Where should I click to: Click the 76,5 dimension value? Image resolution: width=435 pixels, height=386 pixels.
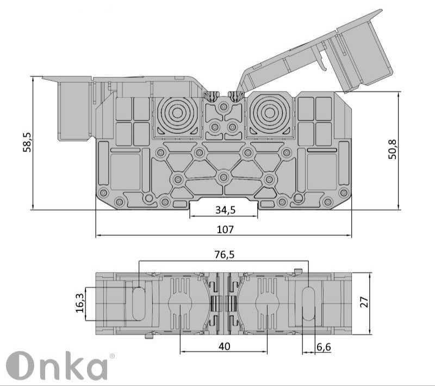[x=225, y=254]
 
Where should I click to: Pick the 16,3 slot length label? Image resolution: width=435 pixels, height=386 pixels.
[x=80, y=303]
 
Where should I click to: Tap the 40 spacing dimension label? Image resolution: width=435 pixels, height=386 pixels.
[x=223, y=345]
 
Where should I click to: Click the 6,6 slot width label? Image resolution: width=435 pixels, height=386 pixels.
[x=324, y=346]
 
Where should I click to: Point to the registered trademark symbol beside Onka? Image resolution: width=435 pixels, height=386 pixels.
[x=113, y=356]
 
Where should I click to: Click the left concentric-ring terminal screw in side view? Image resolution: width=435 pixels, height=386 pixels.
[x=175, y=114]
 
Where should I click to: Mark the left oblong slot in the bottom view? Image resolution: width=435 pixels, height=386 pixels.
[x=139, y=303]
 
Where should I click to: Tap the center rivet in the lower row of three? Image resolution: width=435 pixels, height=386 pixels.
[x=223, y=177]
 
